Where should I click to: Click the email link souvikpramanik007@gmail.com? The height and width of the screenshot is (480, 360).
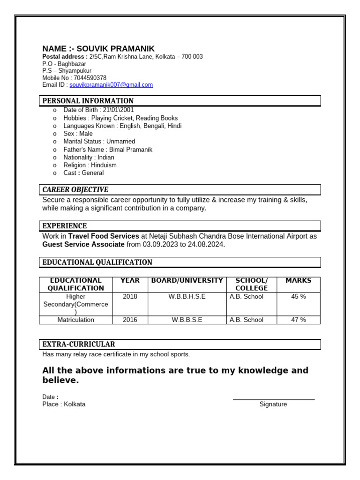111,85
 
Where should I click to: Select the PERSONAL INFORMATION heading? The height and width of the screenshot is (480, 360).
88,101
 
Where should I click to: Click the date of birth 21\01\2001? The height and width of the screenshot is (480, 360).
115,110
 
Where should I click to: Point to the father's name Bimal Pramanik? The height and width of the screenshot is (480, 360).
130,150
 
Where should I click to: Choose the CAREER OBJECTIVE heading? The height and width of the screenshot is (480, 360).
75,189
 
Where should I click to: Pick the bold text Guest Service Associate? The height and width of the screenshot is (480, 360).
83,244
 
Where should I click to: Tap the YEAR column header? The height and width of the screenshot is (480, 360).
130,280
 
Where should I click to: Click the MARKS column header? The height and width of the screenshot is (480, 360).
298,280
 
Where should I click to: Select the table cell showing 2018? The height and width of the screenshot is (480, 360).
130,296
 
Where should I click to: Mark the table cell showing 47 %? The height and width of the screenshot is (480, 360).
299,320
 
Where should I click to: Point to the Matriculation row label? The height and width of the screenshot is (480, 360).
75,320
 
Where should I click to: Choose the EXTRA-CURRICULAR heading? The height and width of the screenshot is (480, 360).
79,344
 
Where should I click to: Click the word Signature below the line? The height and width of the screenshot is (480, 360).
273,404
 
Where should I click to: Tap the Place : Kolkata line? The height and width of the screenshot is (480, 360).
64,404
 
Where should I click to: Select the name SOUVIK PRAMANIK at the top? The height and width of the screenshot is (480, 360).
115,49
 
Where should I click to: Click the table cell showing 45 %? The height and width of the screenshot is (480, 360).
299,296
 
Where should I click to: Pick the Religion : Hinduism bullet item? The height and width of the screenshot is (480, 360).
90,165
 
